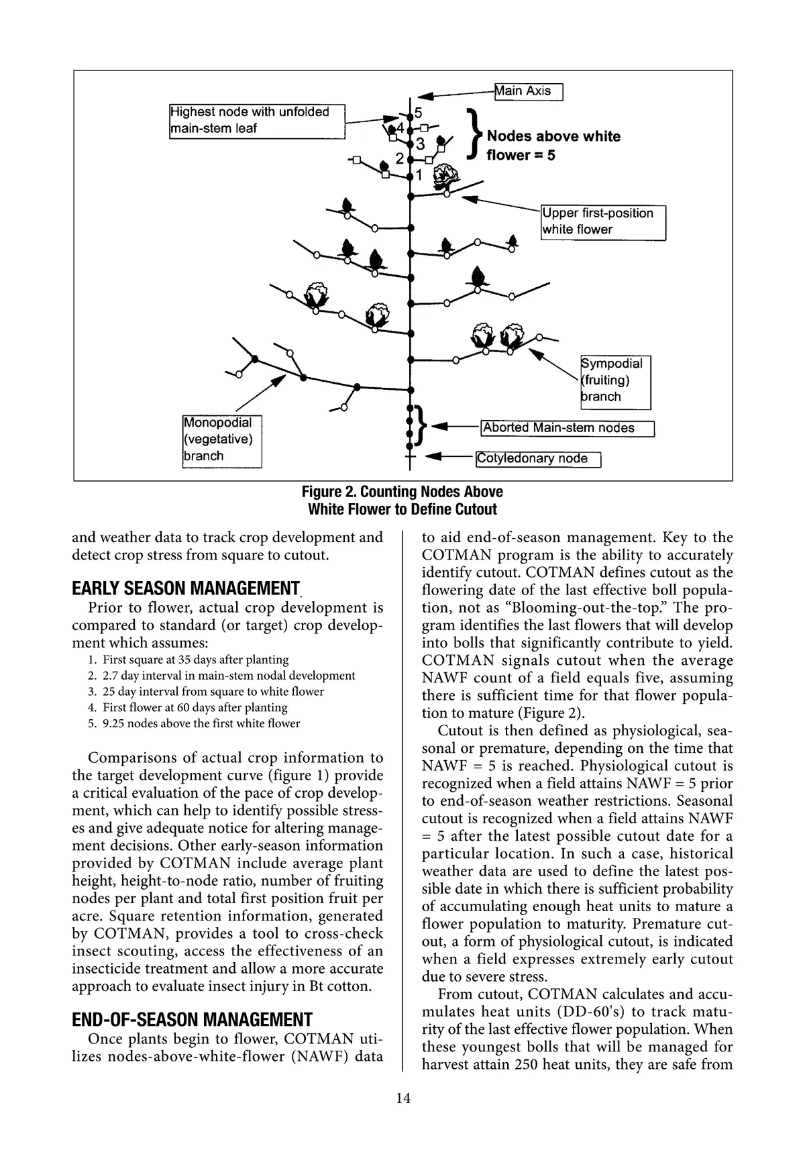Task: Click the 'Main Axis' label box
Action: click(x=528, y=91)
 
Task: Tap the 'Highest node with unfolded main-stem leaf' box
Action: click(x=257, y=121)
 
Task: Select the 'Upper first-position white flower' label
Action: click(x=603, y=222)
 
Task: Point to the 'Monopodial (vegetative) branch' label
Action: click(x=221, y=440)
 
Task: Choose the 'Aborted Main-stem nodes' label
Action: click(x=567, y=428)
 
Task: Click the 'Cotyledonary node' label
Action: click(x=538, y=459)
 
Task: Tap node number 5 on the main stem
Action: click(x=418, y=113)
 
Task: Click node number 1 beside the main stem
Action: click(x=419, y=176)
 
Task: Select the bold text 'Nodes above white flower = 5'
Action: click(x=553, y=146)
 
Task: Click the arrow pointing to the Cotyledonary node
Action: click(x=449, y=458)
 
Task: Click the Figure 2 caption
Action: click(x=402, y=501)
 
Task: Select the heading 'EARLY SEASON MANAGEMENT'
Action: click(x=185, y=589)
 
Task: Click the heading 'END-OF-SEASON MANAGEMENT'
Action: click(x=192, y=1020)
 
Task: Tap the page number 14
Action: click(x=402, y=1098)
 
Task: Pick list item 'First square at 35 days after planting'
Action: click(x=195, y=660)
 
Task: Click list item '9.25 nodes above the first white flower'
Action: click(x=201, y=723)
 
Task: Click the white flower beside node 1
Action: click(x=446, y=176)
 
